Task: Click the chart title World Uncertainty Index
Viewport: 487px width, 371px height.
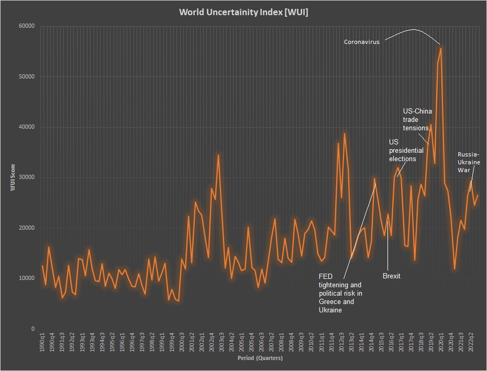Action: (x=243, y=12)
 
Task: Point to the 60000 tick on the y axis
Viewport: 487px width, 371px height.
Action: (x=26, y=26)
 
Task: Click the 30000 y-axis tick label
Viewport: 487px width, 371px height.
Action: (x=26, y=177)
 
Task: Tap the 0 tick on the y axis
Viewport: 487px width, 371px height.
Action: (x=32, y=329)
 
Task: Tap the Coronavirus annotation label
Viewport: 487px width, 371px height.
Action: (x=362, y=42)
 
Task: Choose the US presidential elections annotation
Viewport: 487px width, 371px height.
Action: (x=406, y=150)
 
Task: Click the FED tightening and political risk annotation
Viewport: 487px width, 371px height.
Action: (x=340, y=293)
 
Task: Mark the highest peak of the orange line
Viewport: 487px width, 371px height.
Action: (x=441, y=48)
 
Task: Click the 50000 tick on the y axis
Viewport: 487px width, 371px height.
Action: (x=26, y=76)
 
